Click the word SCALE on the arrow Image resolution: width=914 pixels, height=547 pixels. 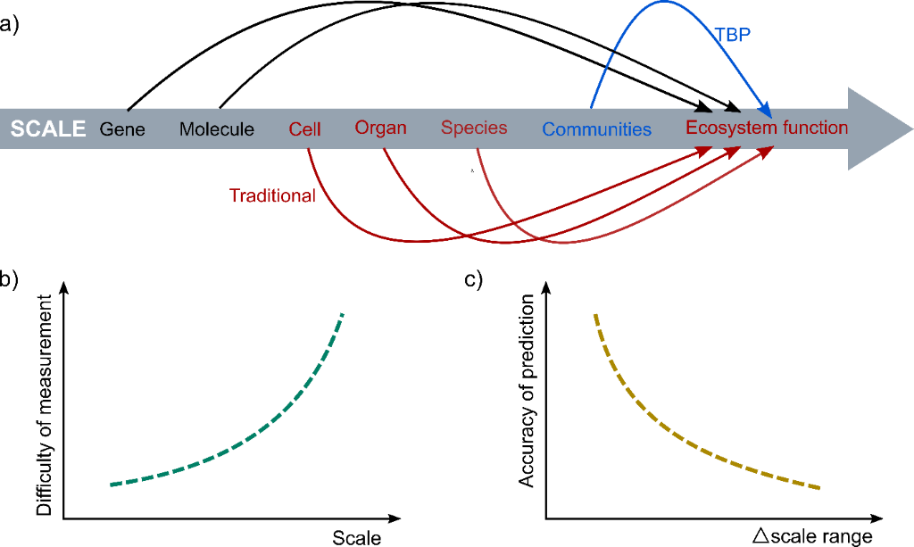(x=48, y=128)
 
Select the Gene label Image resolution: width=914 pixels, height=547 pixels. (x=122, y=129)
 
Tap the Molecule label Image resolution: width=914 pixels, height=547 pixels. (x=217, y=129)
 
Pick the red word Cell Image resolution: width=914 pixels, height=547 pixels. (x=304, y=129)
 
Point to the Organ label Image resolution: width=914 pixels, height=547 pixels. (x=380, y=128)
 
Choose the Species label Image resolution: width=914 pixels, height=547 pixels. (x=474, y=128)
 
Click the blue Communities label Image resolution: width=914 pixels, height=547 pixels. (x=596, y=129)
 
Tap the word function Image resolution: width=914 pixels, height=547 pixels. (x=816, y=128)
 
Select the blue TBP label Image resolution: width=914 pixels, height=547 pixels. (x=733, y=36)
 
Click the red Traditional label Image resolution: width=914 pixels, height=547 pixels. (x=272, y=195)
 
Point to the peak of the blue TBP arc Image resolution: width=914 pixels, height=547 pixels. (x=664, y=3)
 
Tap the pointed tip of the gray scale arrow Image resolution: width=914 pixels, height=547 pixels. (x=910, y=129)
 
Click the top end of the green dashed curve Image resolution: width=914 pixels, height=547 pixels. (x=342, y=314)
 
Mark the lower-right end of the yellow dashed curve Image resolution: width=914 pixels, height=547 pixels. (x=818, y=487)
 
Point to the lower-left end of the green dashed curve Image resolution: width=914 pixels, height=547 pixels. (x=112, y=485)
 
